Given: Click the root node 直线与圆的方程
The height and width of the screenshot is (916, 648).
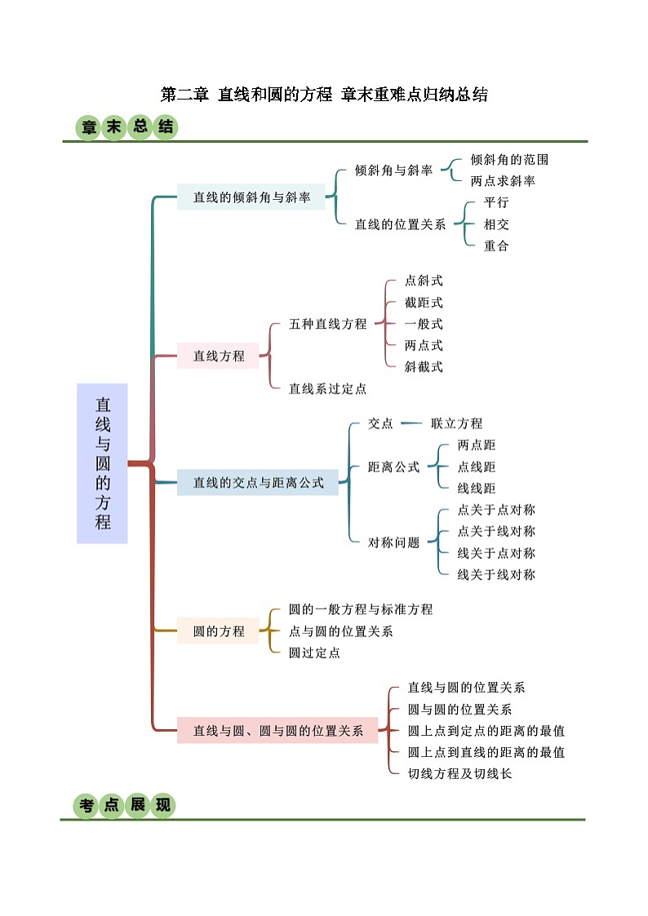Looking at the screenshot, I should (102, 463).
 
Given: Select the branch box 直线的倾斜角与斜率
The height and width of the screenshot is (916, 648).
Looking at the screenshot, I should (251, 197).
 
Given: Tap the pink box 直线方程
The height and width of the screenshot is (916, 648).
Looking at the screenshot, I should (218, 356).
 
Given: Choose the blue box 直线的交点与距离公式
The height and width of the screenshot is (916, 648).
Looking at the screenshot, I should (258, 483).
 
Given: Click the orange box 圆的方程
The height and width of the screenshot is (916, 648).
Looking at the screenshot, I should (218, 631).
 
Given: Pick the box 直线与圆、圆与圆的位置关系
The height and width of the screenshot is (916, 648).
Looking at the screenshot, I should (277, 731).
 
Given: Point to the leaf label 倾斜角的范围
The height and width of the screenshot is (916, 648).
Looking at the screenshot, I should (509, 160).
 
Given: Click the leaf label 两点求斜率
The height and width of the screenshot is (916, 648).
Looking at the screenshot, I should (503, 181).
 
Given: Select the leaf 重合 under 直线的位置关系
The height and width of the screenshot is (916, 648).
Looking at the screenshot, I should (496, 246).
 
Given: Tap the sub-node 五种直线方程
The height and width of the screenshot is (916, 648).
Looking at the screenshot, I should (328, 324).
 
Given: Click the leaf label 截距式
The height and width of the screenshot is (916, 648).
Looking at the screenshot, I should (424, 303).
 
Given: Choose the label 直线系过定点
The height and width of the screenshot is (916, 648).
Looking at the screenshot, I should (328, 389).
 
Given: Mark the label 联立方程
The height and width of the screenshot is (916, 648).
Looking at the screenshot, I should (456, 423).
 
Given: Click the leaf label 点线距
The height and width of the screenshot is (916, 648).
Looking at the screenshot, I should (476, 467).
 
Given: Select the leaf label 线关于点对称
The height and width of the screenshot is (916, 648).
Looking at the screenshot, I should (496, 553).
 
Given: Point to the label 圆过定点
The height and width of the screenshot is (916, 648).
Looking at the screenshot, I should (314, 653).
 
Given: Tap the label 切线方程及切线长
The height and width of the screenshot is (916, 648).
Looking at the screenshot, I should (459, 773).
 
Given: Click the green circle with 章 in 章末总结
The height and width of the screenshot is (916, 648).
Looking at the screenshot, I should (88, 128).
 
